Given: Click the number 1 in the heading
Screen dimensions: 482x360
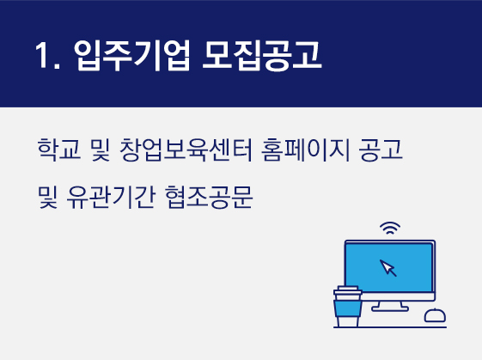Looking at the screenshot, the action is tap(42, 55).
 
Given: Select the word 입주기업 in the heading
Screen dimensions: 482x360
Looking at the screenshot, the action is tap(131, 55).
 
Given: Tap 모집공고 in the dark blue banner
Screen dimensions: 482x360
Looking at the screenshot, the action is tap(261, 55).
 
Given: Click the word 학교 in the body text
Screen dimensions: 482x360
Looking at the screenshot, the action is tap(59, 149).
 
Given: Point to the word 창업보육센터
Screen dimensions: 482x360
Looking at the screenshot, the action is tap(186, 149).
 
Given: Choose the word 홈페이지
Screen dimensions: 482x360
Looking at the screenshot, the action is tap(306, 149).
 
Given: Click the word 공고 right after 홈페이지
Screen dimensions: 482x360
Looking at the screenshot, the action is tap(381, 149).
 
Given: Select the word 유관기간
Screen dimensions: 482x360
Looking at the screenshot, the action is tap(111, 198).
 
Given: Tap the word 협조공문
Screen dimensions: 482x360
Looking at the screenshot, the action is tap(209, 198).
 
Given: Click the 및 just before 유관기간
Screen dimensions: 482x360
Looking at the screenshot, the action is tap(47, 198).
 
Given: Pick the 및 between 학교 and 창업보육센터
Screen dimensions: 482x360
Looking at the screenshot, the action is tap(101, 149).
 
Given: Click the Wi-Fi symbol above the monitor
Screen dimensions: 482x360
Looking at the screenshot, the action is tap(390, 228).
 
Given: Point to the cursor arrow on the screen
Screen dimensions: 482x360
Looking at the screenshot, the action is tap(387, 268).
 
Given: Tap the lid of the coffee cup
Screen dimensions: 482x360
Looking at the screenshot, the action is tap(348, 290).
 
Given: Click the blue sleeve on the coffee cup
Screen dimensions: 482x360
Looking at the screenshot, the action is tap(348, 308).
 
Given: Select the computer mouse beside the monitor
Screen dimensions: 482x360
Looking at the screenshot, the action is tap(435, 315).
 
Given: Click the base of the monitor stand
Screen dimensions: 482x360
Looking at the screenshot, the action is tap(390, 308).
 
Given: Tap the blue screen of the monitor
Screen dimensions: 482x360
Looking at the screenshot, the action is tap(389, 267).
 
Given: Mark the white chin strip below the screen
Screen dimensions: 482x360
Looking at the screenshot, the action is tap(398, 296).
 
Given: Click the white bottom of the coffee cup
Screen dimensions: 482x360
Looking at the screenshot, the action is tap(348, 321).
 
